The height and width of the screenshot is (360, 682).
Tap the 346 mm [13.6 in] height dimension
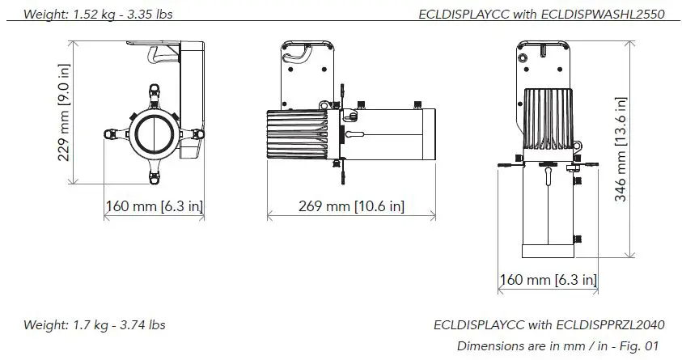point(621,158)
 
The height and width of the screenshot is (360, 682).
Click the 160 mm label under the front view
point(155,206)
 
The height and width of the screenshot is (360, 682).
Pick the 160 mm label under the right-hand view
point(549,280)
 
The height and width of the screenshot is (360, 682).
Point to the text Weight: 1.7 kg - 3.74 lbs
point(95,325)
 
